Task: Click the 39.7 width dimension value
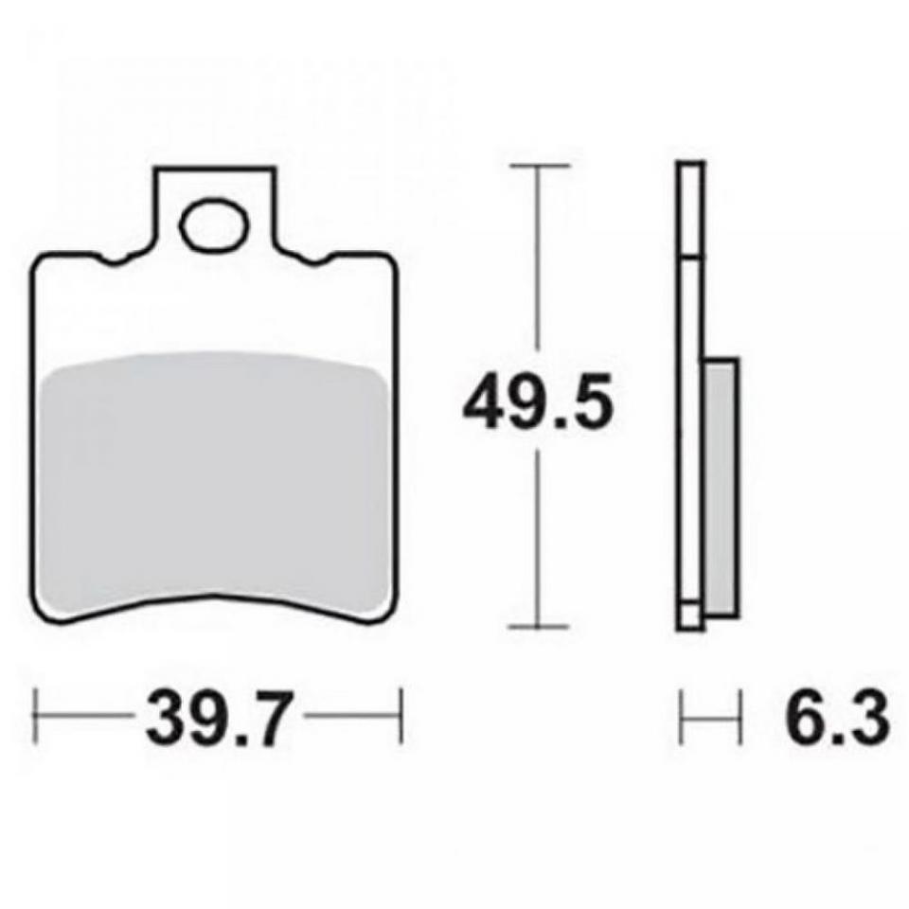(x=216, y=716)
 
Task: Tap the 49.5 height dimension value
(x=538, y=401)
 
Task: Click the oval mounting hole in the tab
(x=214, y=225)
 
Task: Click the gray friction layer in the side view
(x=722, y=487)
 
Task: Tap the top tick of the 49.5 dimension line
(x=540, y=166)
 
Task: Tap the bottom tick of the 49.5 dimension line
(x=539, y=627)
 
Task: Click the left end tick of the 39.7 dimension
(x=36, y=716)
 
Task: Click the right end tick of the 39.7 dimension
(x=400, y=716)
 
